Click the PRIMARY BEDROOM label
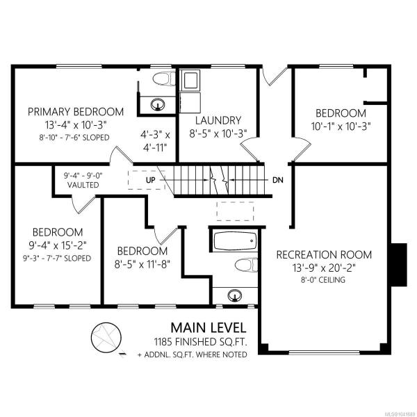pos(76,112)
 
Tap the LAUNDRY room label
pos(218,120)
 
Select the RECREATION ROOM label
pos(324,254)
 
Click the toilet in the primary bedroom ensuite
pos(164,79)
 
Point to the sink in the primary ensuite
pos(158,104)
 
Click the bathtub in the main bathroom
pos(235,241)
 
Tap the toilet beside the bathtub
pos(246,265)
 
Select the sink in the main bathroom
pos(235,295)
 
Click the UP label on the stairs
pos(151,180)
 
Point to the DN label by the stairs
pos(278,180)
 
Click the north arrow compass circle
pos(106,337)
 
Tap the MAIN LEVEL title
pos(208,327)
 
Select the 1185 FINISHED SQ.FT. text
pos(201,342)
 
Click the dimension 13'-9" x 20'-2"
pos(324,268)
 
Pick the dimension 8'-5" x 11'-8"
pos(142,264)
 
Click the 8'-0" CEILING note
pos(324,280)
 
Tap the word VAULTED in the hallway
pos(83,185)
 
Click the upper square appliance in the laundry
pos(189,80)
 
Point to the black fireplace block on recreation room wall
pos(399,265)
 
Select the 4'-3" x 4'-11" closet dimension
pos(155,141)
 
